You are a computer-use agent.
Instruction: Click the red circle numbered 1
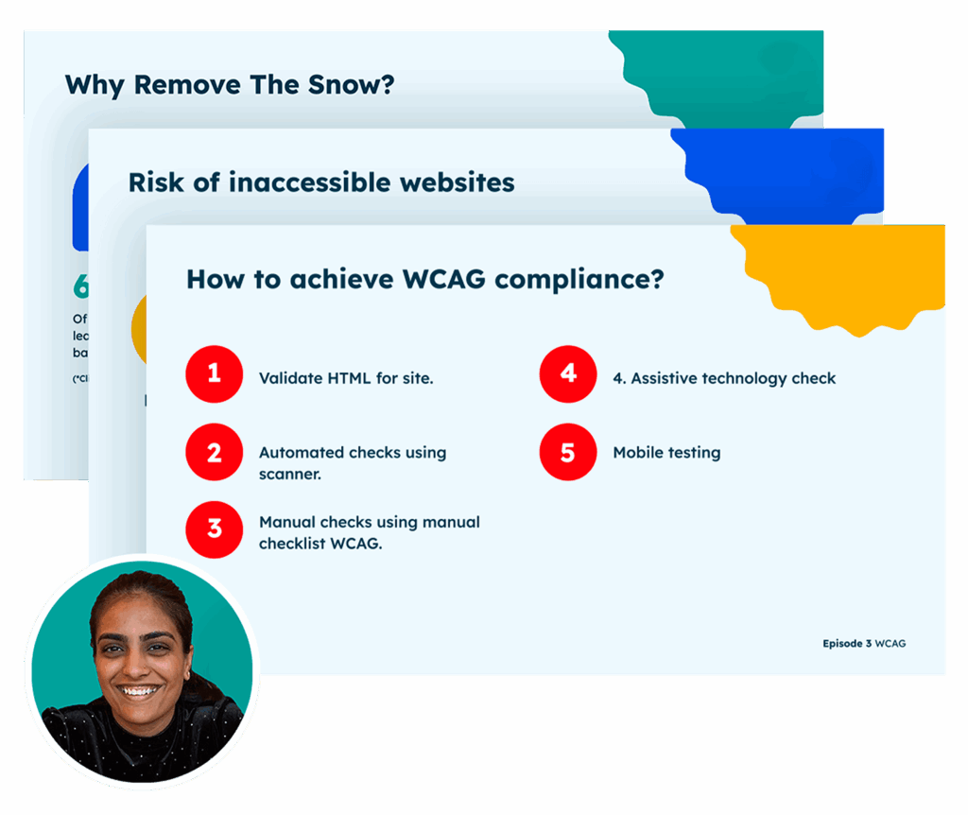coord(215,374)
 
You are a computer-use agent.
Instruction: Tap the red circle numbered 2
coord(215,452)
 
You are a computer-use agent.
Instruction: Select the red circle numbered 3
coord(215,528)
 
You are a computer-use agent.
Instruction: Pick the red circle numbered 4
coord(567,374)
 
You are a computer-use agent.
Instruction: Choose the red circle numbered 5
coord(567,452)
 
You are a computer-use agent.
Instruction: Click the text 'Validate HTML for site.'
coord(346,378)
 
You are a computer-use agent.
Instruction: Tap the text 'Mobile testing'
coord(666,453)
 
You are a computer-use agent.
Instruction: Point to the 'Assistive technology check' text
coord(733,378)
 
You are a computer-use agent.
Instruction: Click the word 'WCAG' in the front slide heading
coord(444,280)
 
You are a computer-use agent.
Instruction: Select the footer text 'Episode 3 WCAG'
coord(864,643)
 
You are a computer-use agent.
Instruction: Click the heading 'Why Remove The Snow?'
coord(229,84)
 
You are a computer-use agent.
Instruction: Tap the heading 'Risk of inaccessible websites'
coord(321,182)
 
